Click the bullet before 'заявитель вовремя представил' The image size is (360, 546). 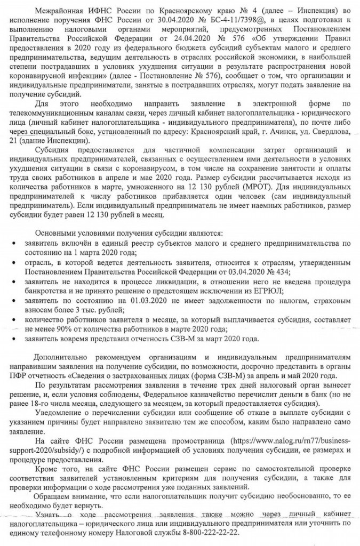click(x=12, y=340)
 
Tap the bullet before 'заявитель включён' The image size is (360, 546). click(x=12, y=244)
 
